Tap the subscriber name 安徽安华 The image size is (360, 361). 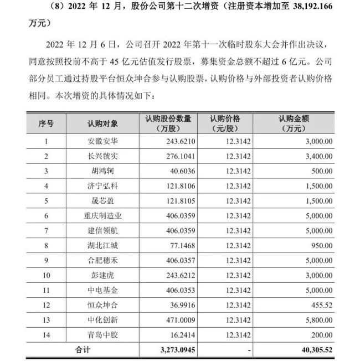coord(102,142)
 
